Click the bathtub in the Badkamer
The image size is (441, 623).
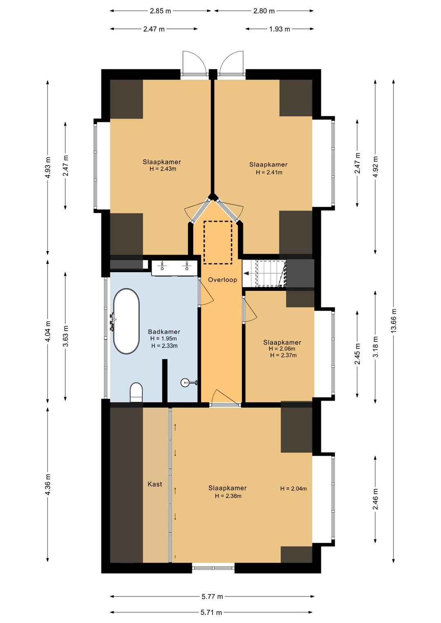[x=126, y=321]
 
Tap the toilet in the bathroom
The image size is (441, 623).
[x=136, y=392]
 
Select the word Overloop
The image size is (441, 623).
[x=223, y=280]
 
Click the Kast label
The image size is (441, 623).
[x=155, y=484]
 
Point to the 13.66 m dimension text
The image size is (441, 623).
[x=393, y=320]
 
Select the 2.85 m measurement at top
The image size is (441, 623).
[x=160, y=11]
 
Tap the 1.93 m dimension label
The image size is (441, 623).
[x=280, y=29]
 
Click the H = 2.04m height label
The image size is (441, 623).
[x=294, y=489]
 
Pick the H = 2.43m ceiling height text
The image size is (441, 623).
[x=163, y=169]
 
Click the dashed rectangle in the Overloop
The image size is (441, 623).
[x=218, y=243]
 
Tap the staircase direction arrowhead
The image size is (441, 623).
[x=246, y=274]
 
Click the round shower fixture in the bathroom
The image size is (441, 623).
[x=185, y=383]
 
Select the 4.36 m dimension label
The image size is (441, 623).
[x=48, y=484]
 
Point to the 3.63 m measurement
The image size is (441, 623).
[x=66, y=336]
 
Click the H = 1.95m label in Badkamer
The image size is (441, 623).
[x=164, y=339]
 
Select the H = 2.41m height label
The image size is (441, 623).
[x=269, y=172]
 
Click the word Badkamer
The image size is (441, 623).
[x=164, y=332]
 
